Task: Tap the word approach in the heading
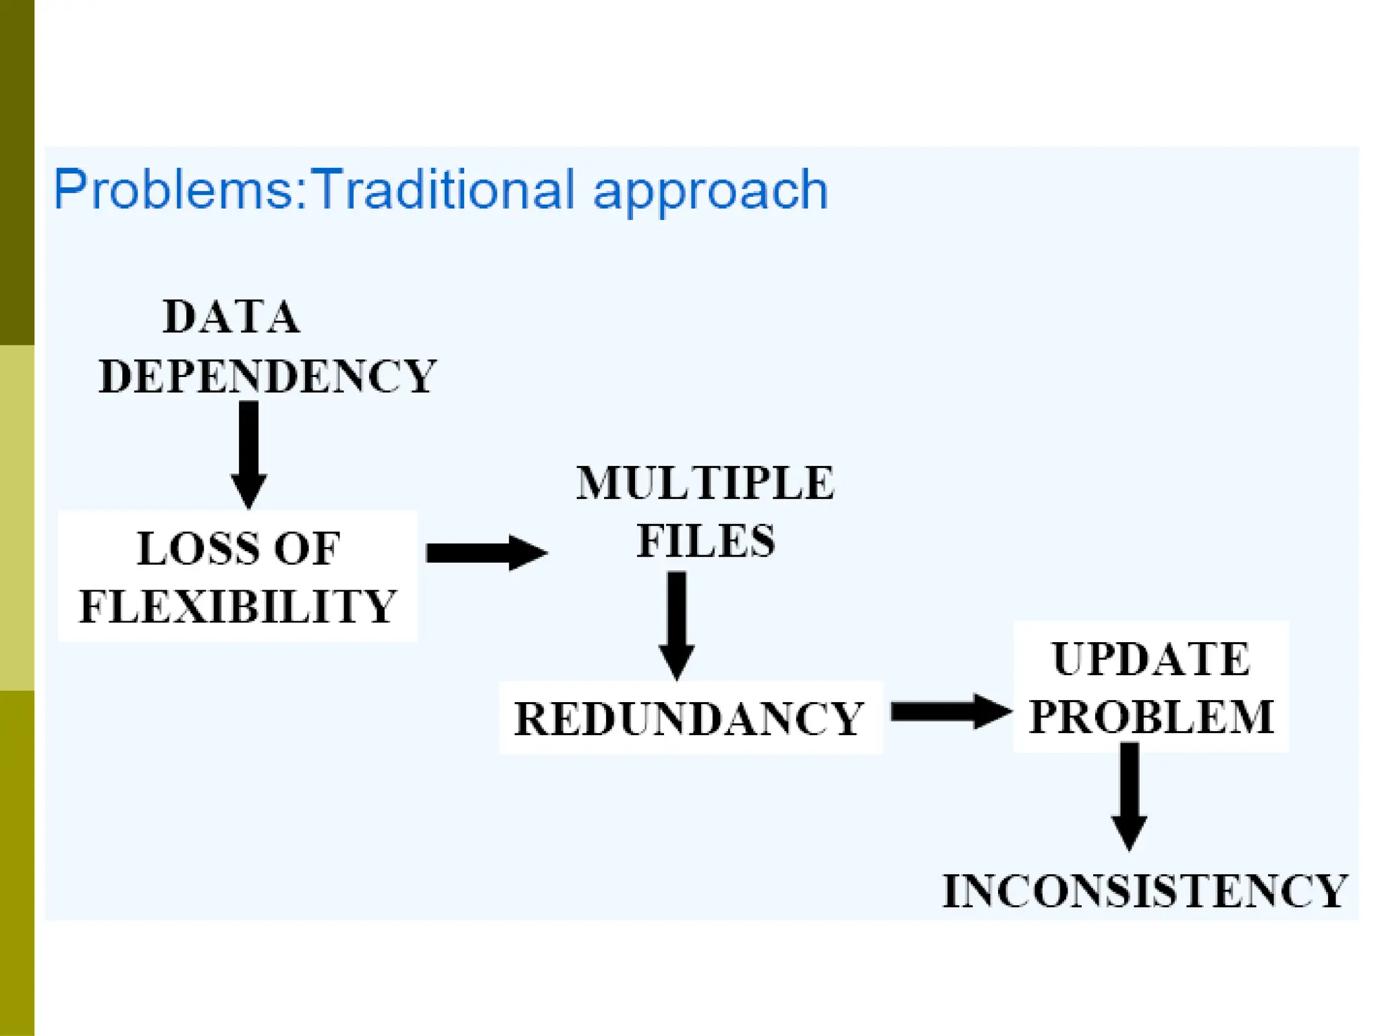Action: pyautogui.click(x=710, y=192)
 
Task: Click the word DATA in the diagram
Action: pyautogui.click(x=231, y=316)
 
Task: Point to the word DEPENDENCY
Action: pyautogui.click(x=267, y=376)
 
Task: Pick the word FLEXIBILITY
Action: pyautogui.click(x=238, y=606)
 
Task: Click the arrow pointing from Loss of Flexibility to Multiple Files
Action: pyautogui.click(x=486, y=552)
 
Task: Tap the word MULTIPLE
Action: pyautogui.click(x=705, y=483)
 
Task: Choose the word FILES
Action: pyautogui.click(x=706, y=541)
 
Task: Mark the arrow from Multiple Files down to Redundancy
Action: pyautogui.click(x=677, y=625)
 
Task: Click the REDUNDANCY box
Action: pyautogui.click(x=690, y=718)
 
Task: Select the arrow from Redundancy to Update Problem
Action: pyautogui.click(x=950, y=712)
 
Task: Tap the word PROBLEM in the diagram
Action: pyautogui.click(x=1151, y=716)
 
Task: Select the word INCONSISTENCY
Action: pyautogui.click(x=1145, y=891)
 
